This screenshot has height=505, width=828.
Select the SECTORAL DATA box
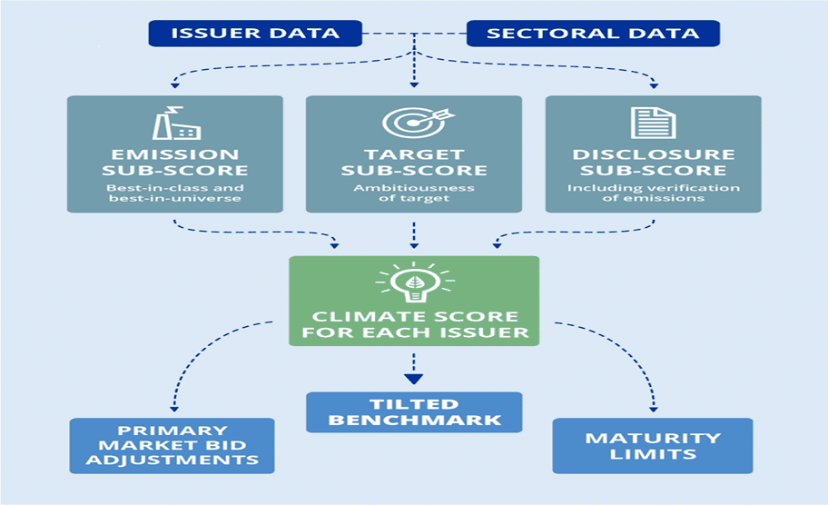pos(593,34)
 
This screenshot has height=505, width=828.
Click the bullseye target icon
pos(414,124)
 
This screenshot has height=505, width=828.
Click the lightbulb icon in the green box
pos(414,284)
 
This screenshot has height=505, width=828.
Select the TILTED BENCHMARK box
pos(414,411)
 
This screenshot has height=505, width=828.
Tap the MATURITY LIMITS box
pos(652,445)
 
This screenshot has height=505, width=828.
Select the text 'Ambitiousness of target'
pos(414,193)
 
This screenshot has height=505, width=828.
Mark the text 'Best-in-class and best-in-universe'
pos(175,193)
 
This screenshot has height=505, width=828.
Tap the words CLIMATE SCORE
pos(414,317)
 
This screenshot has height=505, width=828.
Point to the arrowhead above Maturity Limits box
pos(652,406)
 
